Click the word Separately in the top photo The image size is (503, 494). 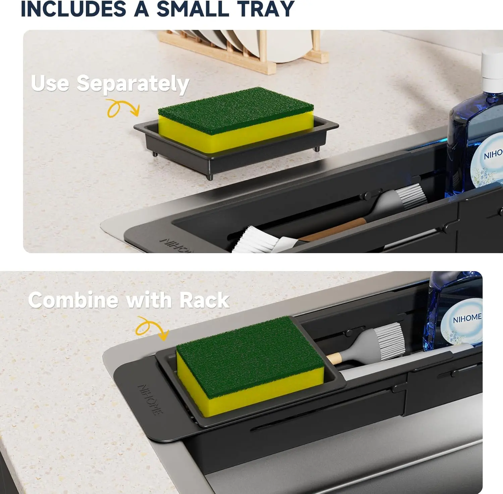coord(133,84)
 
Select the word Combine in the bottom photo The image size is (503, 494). coord(73,300)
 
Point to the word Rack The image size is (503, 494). coord(204,300)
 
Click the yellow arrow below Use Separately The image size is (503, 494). coord(123,108)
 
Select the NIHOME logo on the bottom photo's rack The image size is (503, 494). coord(151,400)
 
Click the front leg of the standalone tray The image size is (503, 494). coord(210,176)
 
